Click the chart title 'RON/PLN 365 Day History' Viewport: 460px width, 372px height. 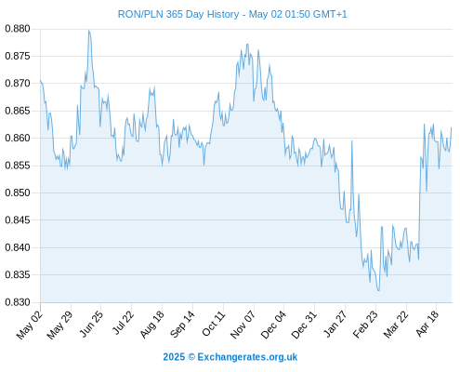(178, 14)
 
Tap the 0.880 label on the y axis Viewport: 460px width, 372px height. (18, 29)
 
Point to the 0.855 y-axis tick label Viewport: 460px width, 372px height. (18, 166)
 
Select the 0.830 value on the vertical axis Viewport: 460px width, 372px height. (18, 302)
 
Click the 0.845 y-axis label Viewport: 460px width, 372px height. (18, 220)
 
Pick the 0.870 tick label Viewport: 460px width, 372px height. (18, 84)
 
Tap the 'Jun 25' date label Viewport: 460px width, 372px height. (91, 324)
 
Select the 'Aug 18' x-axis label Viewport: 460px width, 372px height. (151, 324)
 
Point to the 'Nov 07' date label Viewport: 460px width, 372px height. (243, 324)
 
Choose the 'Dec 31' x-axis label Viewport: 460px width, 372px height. (304, 324)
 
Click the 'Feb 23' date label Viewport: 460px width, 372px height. (365, 324)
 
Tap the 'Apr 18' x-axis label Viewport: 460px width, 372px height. (427, 324)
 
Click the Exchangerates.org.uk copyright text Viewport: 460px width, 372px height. (230, 357)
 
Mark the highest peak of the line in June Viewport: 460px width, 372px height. (89, 31)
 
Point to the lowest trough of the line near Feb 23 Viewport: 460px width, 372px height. (378, 290)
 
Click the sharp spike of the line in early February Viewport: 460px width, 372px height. (352, 140)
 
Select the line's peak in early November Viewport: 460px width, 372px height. (247, 44)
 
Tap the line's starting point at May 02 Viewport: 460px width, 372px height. (40, 80)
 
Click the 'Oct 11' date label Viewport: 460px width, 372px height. (213, 324)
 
